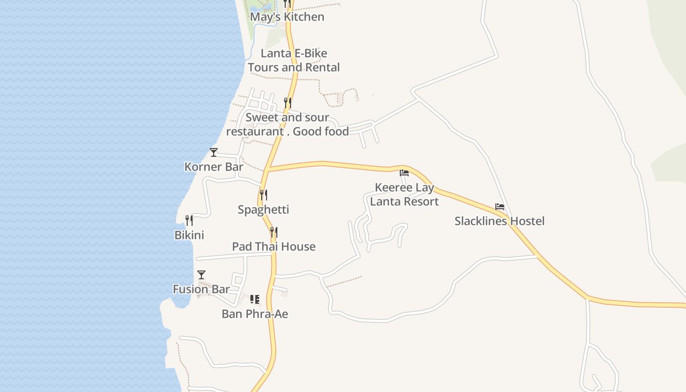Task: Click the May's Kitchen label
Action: tap(287, 17)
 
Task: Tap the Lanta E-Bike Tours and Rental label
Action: tap(294, 60)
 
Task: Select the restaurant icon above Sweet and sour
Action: tap(288, 102)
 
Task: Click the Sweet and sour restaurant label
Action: tap(288, 124)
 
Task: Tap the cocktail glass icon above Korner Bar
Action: tap(214, 152)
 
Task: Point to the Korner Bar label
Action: tap(214, 167)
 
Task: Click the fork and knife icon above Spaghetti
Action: tap(264, 195)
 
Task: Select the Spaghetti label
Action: tap(264, 210)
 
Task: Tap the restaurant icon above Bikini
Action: tap(189, 220)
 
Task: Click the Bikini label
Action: tap(189, 235)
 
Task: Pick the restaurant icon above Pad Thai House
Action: tap(274, 232)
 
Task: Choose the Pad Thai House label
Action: tap(274, 246)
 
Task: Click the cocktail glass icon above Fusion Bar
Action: tap(201, 274)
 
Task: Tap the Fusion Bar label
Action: tap(201, 289)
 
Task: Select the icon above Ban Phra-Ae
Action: tap(255, 299)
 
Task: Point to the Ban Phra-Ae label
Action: tap(255, 314)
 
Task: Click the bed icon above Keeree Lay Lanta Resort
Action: tap(404, 173)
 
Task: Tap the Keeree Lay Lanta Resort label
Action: tap(404, 195)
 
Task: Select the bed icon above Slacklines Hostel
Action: tap(500, 207)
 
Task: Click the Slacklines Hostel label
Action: tap(499, 221)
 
